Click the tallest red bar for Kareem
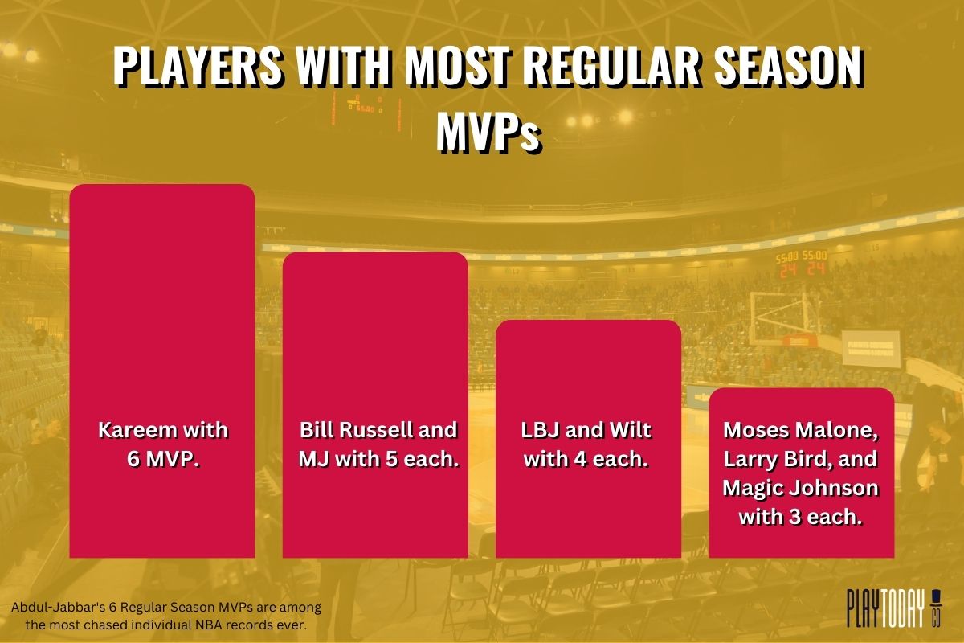pos(162,321)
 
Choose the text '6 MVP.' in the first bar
pos(162,461)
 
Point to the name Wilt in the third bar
pos(627,431)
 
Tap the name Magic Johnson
pos(801,489)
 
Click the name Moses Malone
pos(801,431)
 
